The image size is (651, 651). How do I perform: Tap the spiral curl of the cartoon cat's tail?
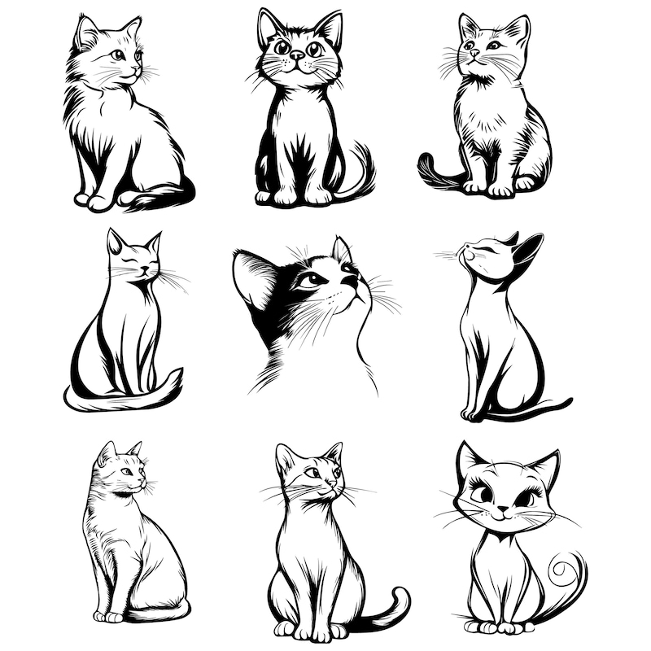coord(561,569)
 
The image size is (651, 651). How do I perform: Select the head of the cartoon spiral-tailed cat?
coord(505,488)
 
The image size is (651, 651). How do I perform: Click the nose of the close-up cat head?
coord(352,281)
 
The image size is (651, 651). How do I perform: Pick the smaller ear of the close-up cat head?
coord(342,249)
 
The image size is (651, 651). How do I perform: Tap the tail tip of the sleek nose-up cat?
coord(569,400)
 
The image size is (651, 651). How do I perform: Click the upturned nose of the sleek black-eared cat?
coord(465,247)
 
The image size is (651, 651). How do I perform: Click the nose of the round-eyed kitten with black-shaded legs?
coord(297,57)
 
